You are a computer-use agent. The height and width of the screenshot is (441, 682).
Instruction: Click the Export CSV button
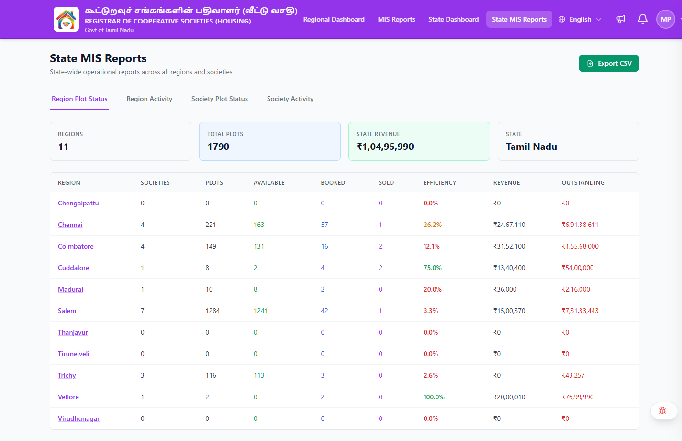coord(609,63)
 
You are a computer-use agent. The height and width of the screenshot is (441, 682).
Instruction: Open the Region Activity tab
coord(149,99)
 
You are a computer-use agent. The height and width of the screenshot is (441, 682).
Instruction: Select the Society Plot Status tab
coord(220,99)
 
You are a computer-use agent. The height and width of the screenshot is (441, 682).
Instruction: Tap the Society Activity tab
coord(290,99)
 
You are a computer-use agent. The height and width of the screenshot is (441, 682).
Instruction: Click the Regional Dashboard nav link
coord(334,19)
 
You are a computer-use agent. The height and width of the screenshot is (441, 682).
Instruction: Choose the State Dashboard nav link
coord(453,19)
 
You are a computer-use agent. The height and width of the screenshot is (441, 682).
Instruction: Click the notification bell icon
coord(642,19)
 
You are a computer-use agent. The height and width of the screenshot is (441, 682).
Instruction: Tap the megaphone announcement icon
coord(620,19)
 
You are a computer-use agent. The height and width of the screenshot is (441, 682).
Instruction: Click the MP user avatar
coord(666,19)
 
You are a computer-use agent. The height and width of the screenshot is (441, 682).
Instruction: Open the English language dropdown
coord(580,19)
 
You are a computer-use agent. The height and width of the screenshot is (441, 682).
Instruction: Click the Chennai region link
coord(70,225)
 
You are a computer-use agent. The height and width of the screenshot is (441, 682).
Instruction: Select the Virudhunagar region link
coord(78,418)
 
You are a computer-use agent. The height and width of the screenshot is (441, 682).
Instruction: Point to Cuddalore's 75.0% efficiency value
coord(432,268)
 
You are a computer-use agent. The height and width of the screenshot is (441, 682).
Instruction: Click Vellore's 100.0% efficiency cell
coord(434,397)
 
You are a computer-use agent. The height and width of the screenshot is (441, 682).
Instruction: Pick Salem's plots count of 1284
coord(212,311)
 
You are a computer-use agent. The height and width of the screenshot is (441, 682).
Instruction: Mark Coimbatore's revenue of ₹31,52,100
coord(509,246)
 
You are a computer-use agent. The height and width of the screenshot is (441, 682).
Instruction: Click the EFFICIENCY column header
coord(440,183)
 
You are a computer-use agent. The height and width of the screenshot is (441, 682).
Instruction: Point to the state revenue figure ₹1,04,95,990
coord(385,147)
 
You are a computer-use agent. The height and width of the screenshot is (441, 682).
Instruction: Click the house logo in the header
coord(66,19)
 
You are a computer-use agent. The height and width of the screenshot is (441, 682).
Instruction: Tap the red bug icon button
coord(662,411)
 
